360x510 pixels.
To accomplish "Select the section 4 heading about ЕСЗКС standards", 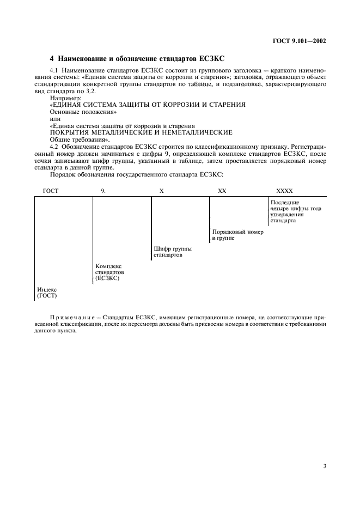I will click(x=134, y=58).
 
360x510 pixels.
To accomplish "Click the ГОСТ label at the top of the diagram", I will click(x=50, y=191).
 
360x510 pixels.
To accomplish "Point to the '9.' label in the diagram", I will click(x=103, y=191).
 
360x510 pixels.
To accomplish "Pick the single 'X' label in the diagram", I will click(x=161, y=191).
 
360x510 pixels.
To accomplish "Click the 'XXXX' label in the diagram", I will click(x=284, y=191).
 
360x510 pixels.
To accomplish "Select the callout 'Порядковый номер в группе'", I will click(x=237, y=235).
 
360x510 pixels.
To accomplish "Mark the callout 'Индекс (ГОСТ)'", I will click(x=47, y=293).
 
